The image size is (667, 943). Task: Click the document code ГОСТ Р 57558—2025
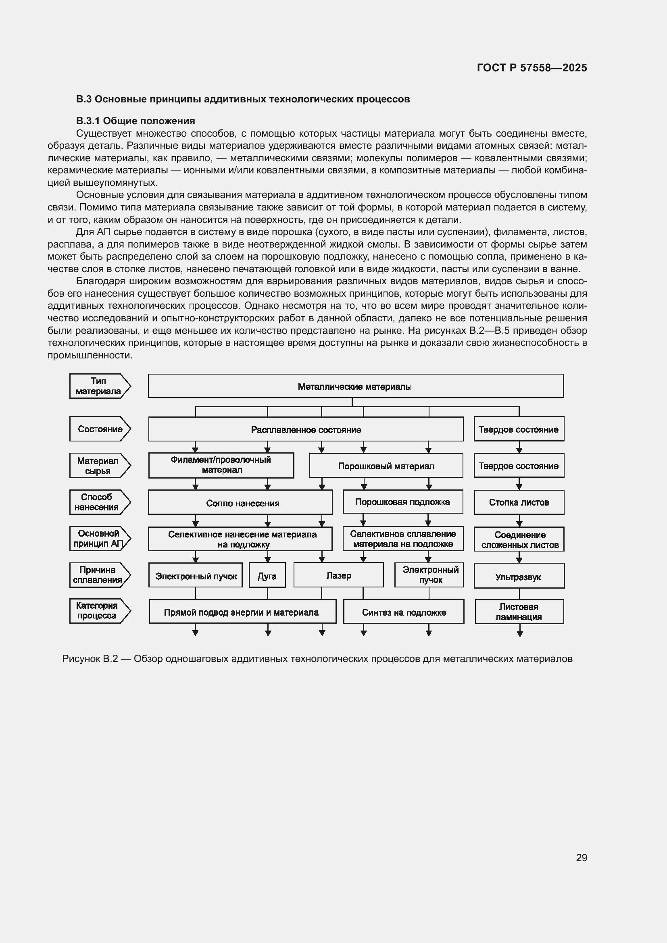point(532,68)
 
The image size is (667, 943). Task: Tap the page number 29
point(581,858)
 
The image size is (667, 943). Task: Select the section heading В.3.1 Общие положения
point(135,121)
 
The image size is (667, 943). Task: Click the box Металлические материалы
point(355,386)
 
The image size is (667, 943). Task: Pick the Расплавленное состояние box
point(306,430)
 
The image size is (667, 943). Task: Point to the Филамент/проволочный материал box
point(221,465)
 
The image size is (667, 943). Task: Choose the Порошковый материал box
point(386,466)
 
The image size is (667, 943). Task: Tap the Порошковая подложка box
point(402,502)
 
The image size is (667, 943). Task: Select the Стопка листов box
point(519,502)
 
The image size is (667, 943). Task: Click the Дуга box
point(267,576)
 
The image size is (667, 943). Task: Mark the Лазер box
point(338,575)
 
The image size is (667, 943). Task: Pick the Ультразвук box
point(519,577)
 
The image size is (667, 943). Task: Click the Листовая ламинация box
point(519,612)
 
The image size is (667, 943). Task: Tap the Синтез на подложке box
point(404,612)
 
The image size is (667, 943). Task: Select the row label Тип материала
point(98,386)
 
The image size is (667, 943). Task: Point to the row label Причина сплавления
point(98,575)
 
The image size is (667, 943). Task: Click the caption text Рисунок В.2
point(90,659)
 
